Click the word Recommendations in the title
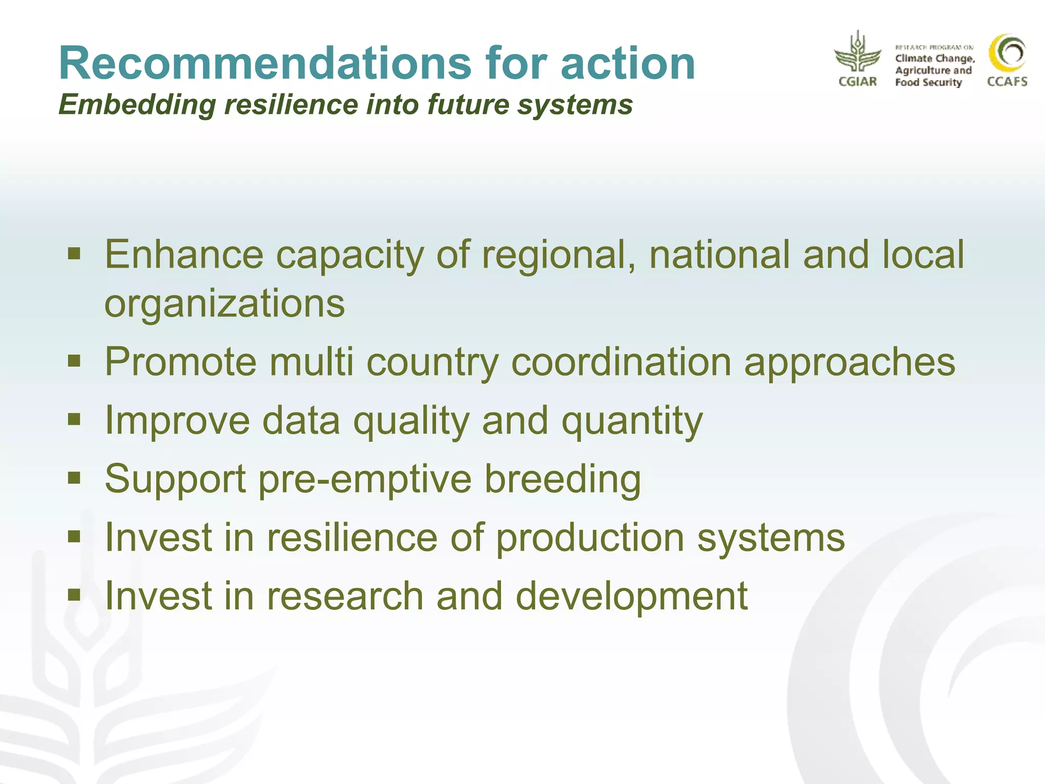[265, 63]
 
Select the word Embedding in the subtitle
[137, 105]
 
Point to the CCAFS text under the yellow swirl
[1007, 82]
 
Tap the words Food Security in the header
[928, 83]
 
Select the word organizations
[225, 303]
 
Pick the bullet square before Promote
[74, 361]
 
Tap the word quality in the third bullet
[411, 421]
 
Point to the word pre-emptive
[365, 479]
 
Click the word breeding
[562, 479]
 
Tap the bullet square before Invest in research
[74, 595]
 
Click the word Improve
[177, 421]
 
